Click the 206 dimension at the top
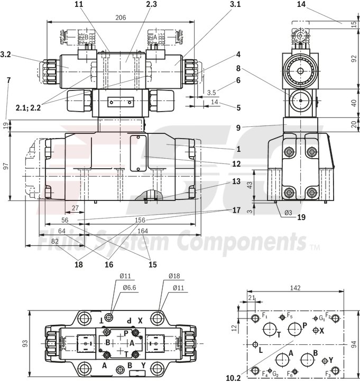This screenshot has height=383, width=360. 121,17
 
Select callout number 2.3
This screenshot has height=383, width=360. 136,5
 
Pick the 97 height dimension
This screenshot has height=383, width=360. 5,166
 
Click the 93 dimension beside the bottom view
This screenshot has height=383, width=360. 25,343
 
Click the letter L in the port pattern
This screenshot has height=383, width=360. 260,349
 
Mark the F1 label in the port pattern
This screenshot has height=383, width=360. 265,316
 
